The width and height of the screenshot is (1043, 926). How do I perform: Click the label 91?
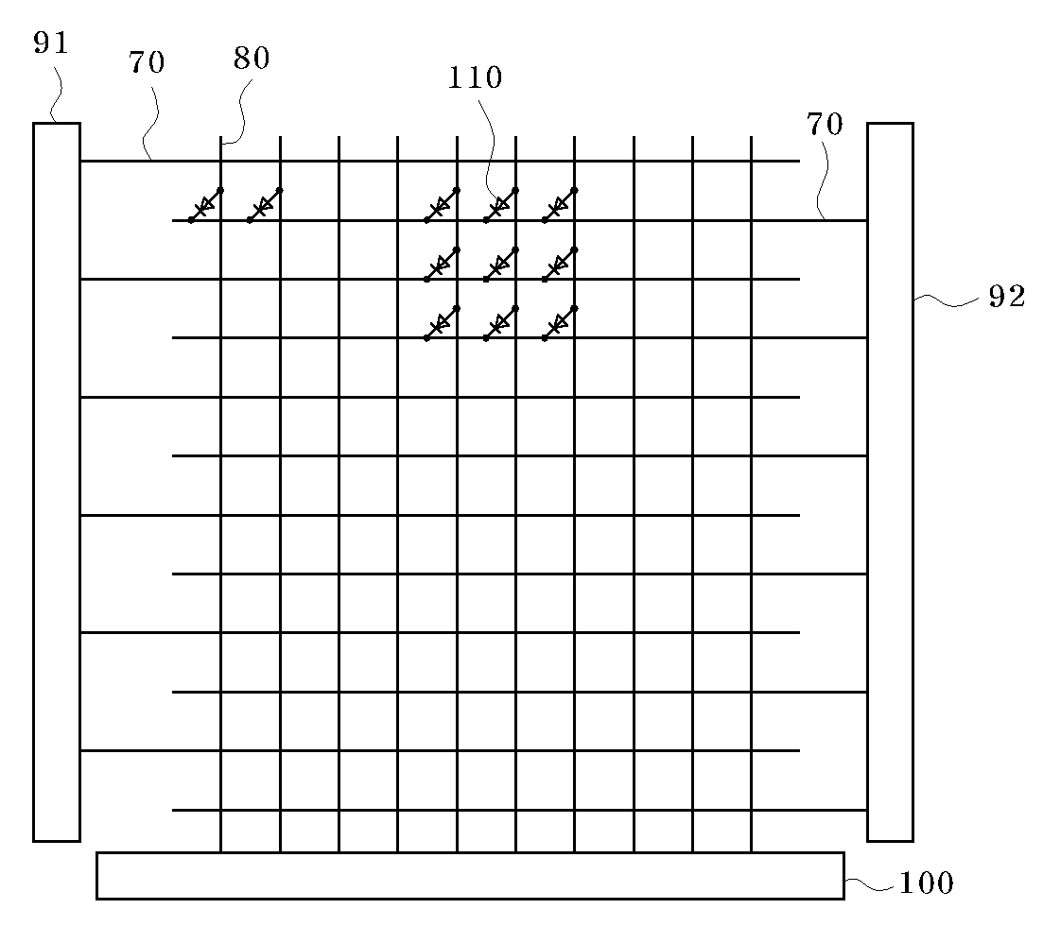pos(51,43)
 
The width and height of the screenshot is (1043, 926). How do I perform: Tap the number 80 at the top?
pos(252,59)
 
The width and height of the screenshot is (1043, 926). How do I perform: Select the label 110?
pos(476,77)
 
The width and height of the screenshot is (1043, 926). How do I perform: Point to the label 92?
pos(1006,297)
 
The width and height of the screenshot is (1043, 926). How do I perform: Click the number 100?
pos(926,883)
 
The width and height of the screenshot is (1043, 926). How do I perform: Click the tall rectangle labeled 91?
pos(57,482)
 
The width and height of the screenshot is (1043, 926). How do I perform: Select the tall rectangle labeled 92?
pos(890,482)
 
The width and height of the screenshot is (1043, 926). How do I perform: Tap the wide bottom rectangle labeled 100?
pos(470,875)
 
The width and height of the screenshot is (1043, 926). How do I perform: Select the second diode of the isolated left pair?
pos(265,205)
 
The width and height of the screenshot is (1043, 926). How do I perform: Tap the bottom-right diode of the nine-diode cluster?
pos(560,323)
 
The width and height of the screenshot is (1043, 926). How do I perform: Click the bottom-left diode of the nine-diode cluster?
pos(442,323)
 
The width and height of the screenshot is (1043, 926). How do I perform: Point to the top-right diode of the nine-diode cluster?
pos(560,205)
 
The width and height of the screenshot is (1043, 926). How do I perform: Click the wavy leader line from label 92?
pos(948,300)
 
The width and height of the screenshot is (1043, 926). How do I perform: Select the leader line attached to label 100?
pos(868,885)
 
